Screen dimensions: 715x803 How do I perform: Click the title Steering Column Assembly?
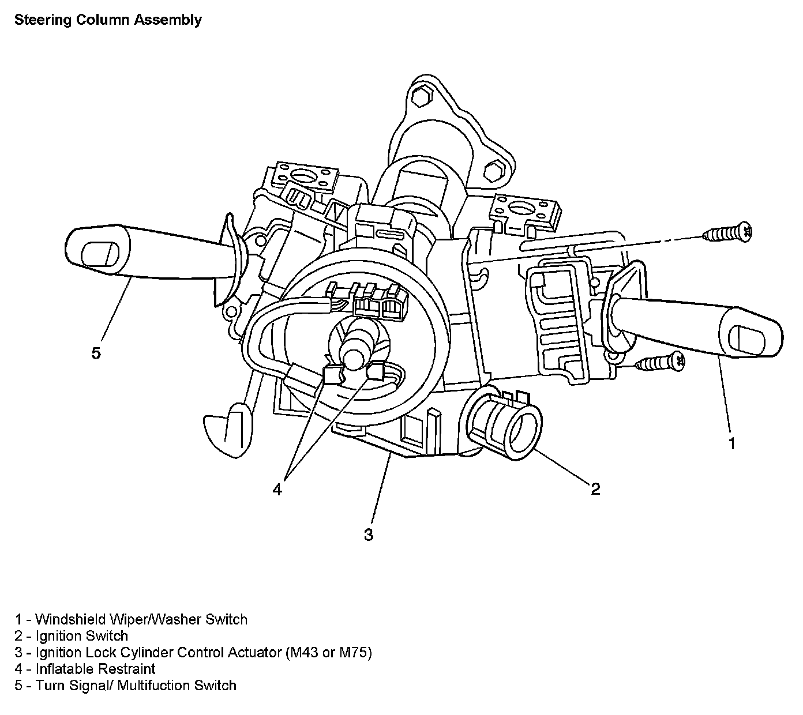108,20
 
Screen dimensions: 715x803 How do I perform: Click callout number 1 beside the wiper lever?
731,443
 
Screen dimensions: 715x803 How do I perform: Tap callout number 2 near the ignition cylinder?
595,489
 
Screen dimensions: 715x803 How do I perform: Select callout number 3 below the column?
369,535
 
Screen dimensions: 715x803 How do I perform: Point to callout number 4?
277,490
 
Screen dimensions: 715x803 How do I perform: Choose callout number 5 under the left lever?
96,352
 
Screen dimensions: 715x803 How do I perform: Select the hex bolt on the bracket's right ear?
492,170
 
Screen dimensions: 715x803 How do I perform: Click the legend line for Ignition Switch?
72,636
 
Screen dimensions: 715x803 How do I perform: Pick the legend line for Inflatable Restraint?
85,669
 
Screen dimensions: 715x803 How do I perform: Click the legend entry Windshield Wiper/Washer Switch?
132,619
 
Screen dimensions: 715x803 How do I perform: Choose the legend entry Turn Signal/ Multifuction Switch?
126,686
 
